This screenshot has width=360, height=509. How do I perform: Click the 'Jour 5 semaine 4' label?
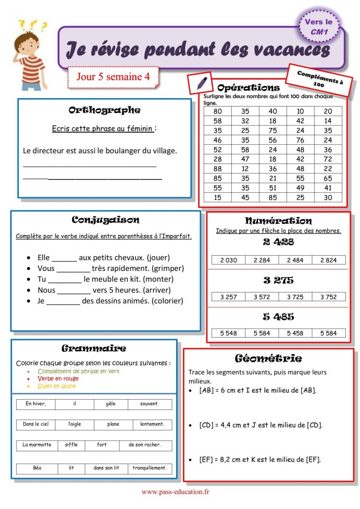point(113,76)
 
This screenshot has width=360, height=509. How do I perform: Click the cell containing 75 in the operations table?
point(273,130)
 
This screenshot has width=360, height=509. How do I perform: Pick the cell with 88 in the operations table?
point(217,169)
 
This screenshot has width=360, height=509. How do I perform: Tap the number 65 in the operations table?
point(328,179)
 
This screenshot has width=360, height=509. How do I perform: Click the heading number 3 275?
point(279,280)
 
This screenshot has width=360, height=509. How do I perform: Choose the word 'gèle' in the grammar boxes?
point(111,404)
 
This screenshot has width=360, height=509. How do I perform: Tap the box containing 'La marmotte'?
point(36,445)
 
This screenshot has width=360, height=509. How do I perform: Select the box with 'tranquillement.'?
point(150,468)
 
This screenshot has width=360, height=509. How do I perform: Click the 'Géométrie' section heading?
point(268,358)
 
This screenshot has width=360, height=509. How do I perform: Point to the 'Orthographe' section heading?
point(104,110)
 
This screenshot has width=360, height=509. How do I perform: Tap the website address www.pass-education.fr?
point(175,492)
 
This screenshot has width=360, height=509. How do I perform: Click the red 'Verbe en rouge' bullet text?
point(58,379)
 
